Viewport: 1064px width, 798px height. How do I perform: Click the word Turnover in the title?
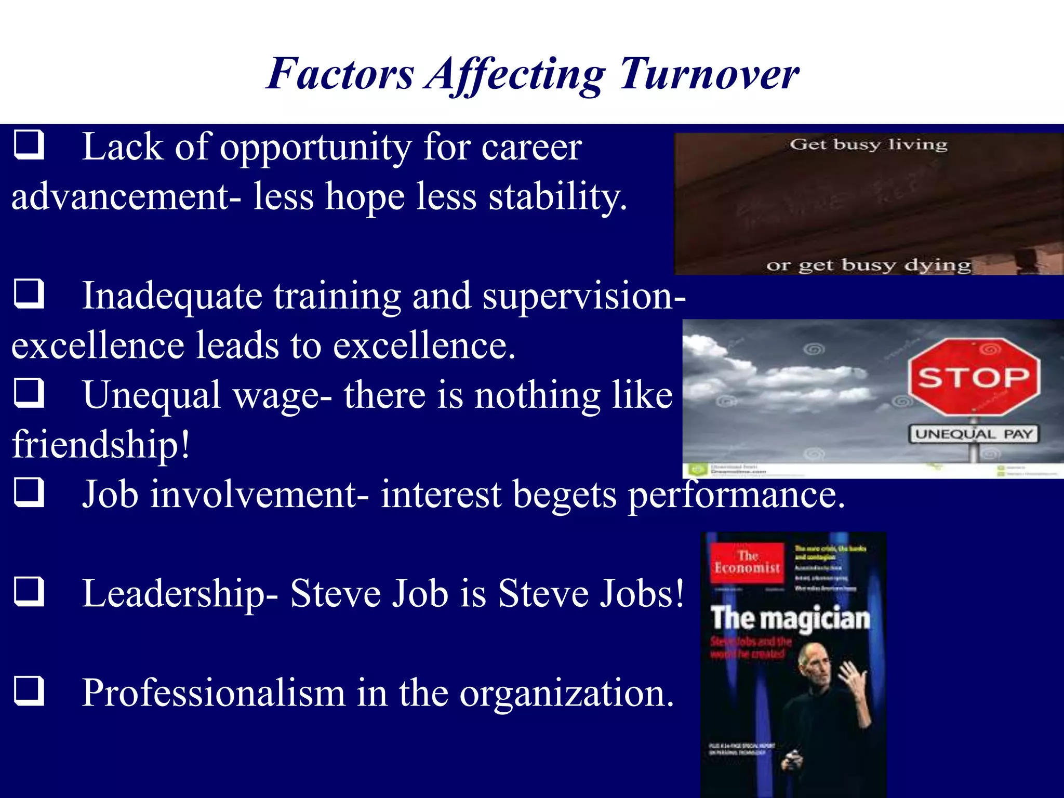click(709, 74)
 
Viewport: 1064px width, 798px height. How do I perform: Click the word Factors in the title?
click(340, 74)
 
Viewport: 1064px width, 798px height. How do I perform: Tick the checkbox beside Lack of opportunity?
click(29, 145)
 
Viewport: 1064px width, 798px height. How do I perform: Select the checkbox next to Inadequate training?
click(29, 294)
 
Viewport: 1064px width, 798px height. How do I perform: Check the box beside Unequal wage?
click(29, 393)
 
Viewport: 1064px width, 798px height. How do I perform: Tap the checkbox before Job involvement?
click(29, 492)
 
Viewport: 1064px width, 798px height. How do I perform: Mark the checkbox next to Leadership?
click(29, 592)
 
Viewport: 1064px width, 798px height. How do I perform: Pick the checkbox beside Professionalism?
click(29, 691)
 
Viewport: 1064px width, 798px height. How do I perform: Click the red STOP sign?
click(974, 377)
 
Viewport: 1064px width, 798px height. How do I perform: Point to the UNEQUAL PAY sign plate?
click(973, 434)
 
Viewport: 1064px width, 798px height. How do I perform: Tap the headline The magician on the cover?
click(790, 619)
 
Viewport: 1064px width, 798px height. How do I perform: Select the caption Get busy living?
click(869, 144)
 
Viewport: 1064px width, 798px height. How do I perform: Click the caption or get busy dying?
click(868, 265)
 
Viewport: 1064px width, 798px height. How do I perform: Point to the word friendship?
click(101, 445)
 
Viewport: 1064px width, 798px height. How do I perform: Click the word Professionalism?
click(214, 693)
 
